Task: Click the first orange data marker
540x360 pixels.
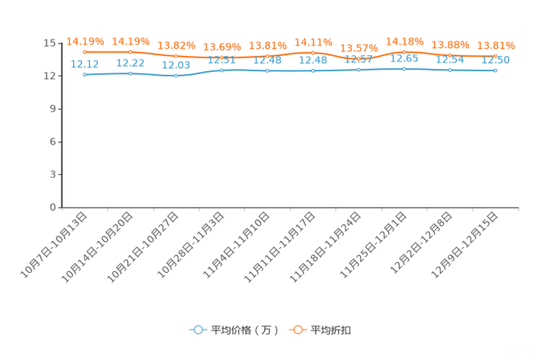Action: point(85,52)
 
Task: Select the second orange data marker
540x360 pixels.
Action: point(131,52)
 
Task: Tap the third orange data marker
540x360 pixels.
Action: point(176,57)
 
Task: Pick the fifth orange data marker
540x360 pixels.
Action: point(268,56)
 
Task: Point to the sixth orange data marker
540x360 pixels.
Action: point(313,53)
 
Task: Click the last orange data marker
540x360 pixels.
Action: point(496,56)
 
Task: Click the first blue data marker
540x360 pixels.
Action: point(85,74)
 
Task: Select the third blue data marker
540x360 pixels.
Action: point(176,75)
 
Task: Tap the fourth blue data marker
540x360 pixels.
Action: point(221,70)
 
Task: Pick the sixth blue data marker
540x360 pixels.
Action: point(313,70)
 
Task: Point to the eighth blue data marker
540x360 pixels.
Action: point(404,68)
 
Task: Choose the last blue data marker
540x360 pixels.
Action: point(496,70)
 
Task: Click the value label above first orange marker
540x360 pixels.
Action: point(86,41)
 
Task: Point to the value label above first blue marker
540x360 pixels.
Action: point(86,64)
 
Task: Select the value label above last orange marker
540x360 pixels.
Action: point(496,45)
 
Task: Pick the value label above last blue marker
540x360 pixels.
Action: point(496,60)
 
